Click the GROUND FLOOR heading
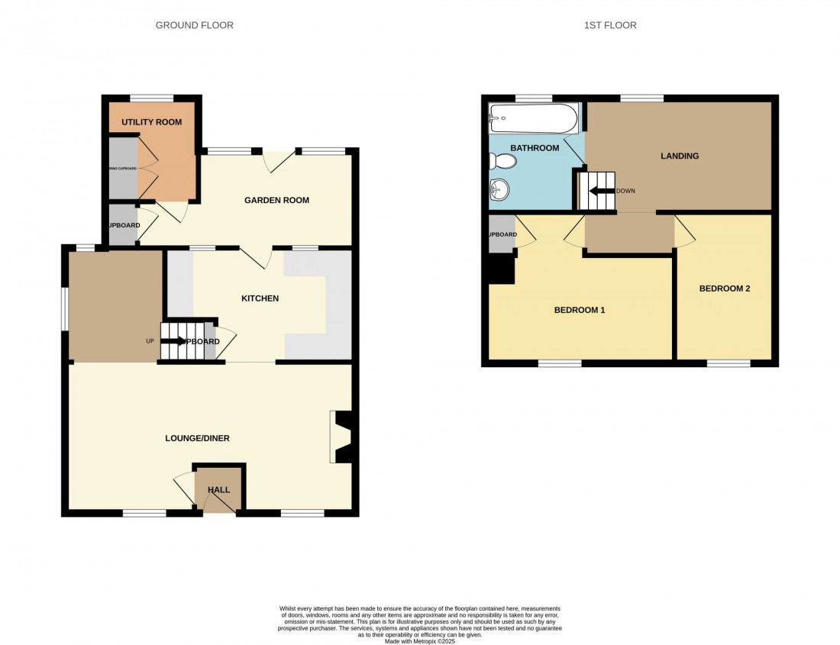coord(195,25)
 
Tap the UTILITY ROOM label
coord(151,122)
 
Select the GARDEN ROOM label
coord(276,201)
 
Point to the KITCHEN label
coord(260,298)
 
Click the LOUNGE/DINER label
coord(198,438)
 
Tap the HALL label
coord(218,490)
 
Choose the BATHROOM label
coord(535,148)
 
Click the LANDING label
coord(680,156)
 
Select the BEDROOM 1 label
coord(580,310)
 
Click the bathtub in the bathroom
coord(534,118)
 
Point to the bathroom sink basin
coord(499,188)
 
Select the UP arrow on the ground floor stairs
coord(174,341)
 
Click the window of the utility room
coord(151,98)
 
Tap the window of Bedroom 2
coord(728,363)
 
